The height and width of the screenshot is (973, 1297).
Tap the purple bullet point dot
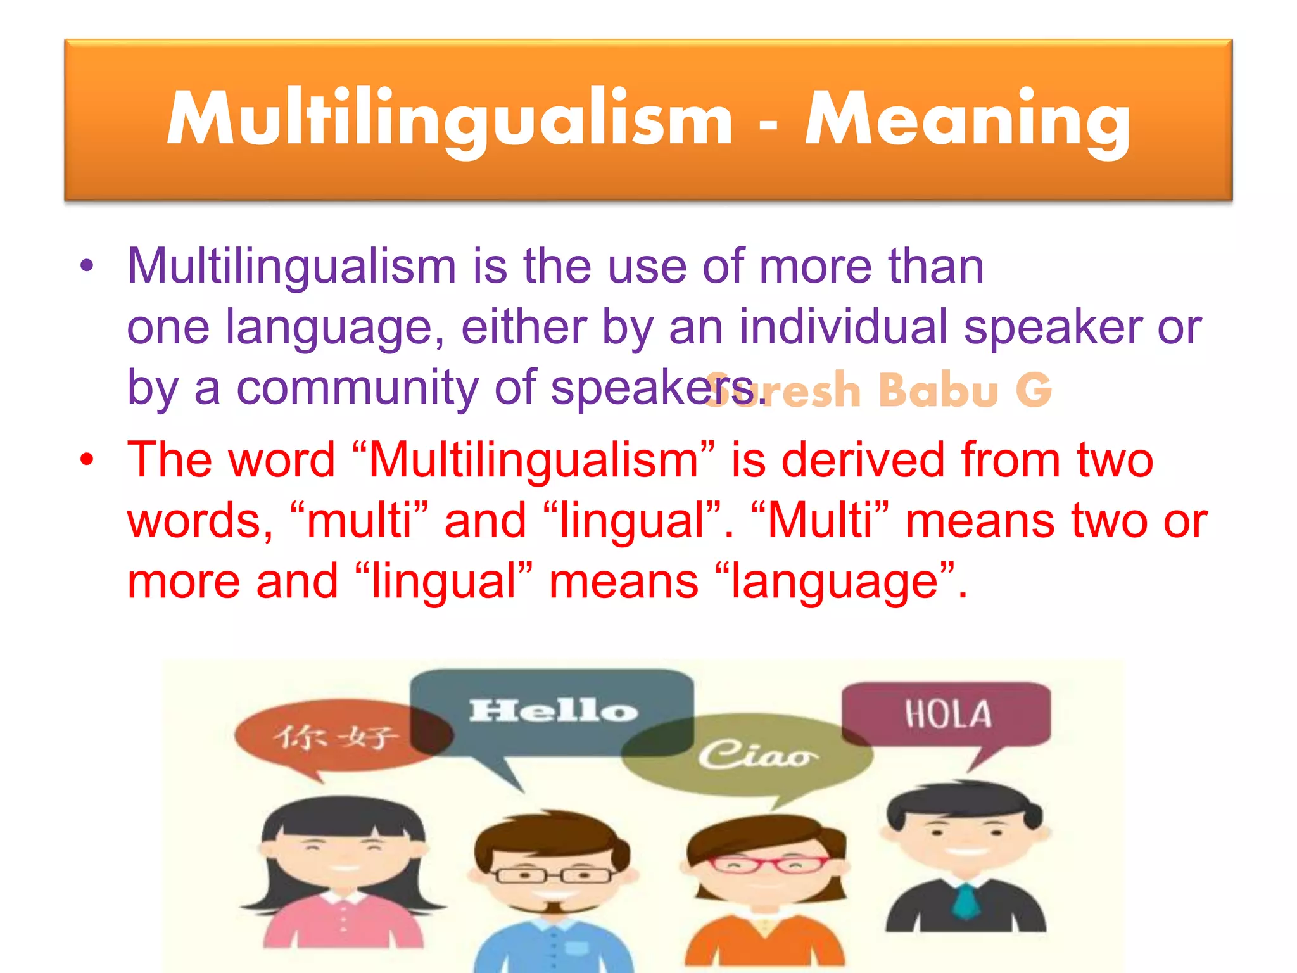click(x=87, y=266)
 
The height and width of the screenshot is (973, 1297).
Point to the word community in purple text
click(x=357, y=388)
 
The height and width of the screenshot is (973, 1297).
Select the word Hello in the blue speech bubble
click(x=553, y=711)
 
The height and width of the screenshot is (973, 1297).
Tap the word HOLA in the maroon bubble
click(x=948, y=714)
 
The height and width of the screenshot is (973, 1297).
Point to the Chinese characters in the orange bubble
click(x=336, y=737)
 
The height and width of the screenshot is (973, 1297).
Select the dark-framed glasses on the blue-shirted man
click(x=553, y=876)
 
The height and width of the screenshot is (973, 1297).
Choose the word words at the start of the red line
click(x=200, y=521)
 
